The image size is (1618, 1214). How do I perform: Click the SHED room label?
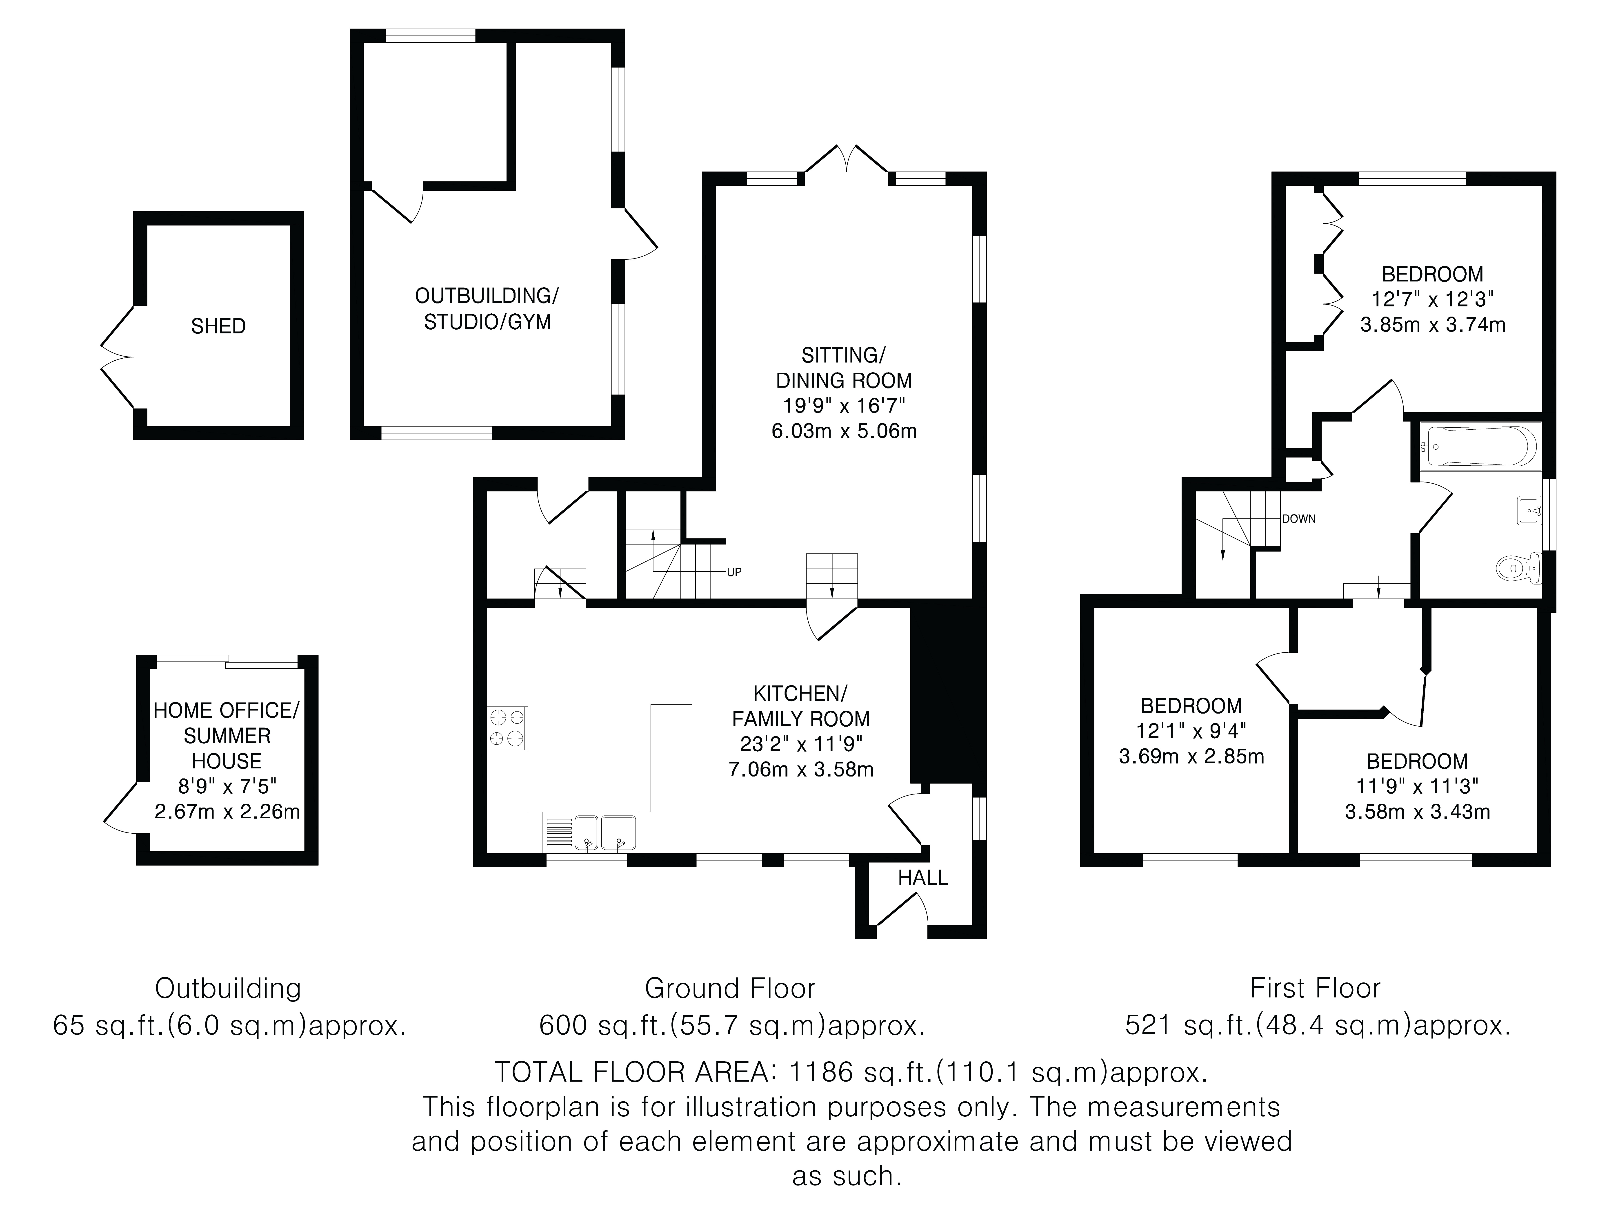[218, 326]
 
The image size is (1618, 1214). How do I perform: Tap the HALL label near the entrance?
[923, 877]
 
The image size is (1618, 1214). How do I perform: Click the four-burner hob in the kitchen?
[507, 728]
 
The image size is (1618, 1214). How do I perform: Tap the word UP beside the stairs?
[734, 572]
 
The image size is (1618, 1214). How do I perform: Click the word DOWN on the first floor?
[1298, 519]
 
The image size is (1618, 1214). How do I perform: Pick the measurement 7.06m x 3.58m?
[801, 769]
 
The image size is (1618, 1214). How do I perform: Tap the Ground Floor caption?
[730, 989]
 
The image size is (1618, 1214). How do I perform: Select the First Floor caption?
[1315, 989]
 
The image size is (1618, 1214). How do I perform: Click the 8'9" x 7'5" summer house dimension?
[227, 787]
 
